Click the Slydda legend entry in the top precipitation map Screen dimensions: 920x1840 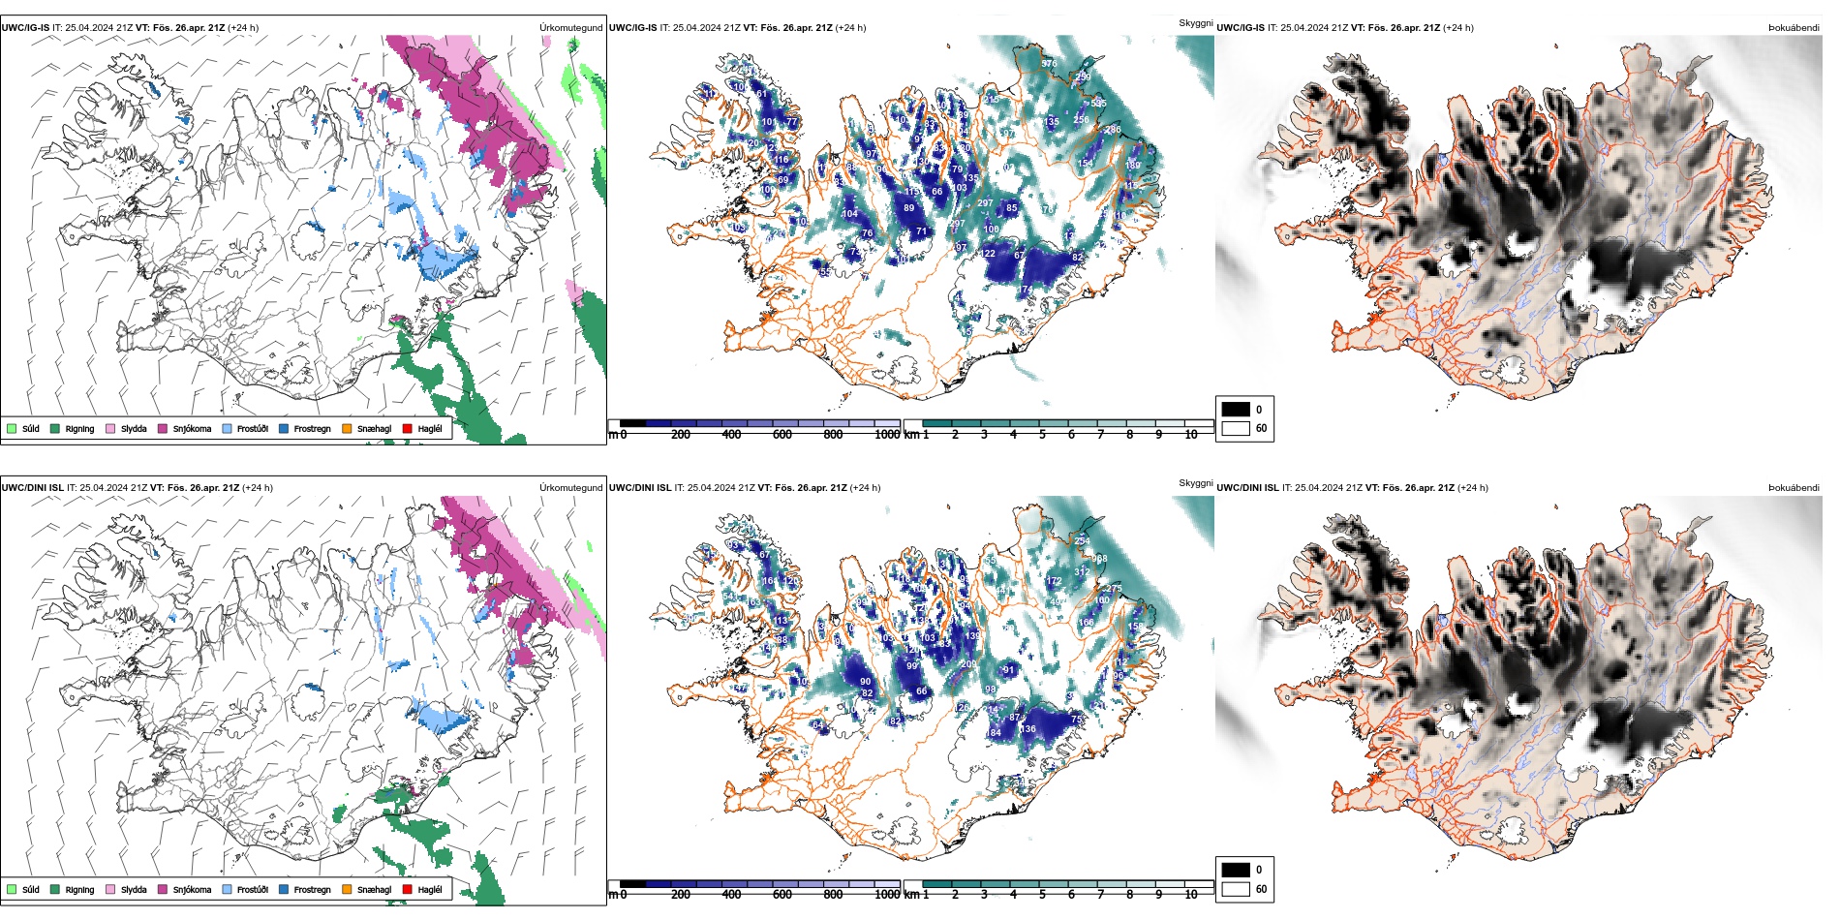(134, 429)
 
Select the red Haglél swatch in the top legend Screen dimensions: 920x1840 (407, 429)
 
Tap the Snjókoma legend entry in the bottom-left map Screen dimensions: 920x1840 (192, 890)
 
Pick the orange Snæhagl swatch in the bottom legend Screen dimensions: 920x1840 (347, 890)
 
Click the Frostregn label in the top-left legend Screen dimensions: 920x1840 (312, 429)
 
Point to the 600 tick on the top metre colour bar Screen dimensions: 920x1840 (782, 435)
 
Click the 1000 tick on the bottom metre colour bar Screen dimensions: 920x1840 (887, 895)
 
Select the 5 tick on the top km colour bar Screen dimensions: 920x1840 (1042, 435)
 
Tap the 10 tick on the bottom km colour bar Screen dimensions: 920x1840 (1191, 895)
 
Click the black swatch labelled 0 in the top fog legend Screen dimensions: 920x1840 (1236, 410)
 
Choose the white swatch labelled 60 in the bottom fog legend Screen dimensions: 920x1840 (1236, 889)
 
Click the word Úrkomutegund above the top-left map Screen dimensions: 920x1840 (570, 28)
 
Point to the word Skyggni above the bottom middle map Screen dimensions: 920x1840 (1195, 483)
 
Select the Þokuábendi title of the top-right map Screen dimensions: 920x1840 (1794, 28)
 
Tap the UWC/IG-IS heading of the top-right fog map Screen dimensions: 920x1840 (1241, 28)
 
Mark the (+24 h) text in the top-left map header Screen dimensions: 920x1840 (243, 28)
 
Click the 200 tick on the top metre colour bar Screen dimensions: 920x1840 (681, 435)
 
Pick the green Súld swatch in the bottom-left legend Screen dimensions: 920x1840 (12, 890)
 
